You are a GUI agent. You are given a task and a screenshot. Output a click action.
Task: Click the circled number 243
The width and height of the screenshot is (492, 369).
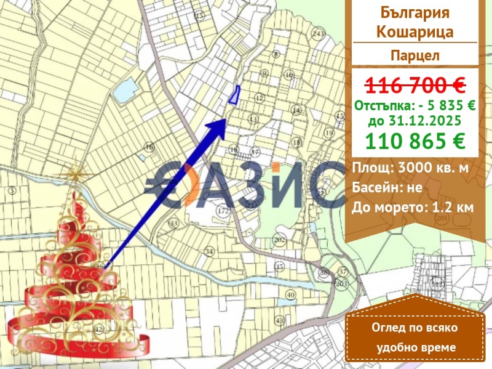point(318,33)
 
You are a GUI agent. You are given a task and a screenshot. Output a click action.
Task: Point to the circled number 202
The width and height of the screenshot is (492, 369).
point(279,239)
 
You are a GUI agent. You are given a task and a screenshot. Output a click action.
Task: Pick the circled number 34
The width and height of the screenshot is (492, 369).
point(209,251)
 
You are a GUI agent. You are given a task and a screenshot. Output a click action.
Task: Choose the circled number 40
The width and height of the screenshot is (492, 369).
point(290,295)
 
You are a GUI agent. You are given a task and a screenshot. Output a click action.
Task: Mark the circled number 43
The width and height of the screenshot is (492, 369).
point(280,320)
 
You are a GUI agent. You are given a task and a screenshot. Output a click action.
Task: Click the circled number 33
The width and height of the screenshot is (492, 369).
point(173,223)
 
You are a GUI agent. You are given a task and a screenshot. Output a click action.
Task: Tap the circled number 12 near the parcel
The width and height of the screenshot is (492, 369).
point(259,97)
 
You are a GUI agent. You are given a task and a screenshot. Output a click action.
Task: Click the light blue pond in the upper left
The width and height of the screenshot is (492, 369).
point(123,93)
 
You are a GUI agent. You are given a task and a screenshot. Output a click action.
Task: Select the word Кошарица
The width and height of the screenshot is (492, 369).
point(415,32)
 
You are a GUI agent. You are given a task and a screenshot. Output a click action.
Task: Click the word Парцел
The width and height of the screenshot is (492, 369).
point(415,55)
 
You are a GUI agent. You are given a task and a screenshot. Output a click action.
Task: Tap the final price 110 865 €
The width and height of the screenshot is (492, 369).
point(415,141)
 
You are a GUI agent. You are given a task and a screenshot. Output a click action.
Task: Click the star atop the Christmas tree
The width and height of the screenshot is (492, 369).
point(75,173)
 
